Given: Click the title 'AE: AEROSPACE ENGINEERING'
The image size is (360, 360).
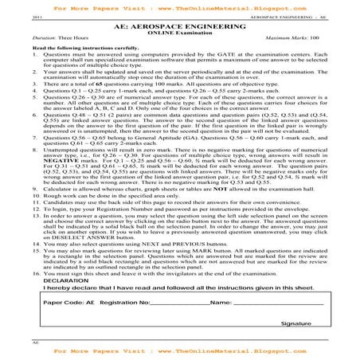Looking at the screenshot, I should point(179,26).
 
